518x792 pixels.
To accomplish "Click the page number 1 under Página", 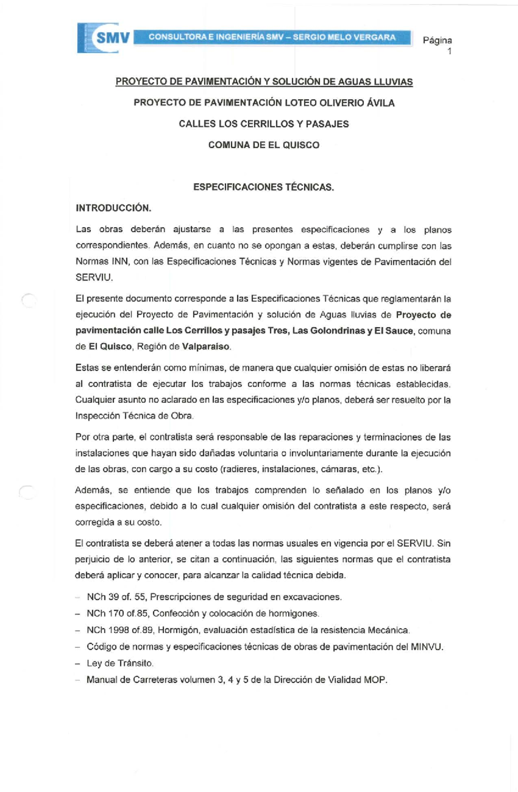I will [x=449, y=51].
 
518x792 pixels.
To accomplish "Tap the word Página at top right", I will [x=437, y=41].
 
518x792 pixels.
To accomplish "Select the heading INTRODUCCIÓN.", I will [x=114, y=208].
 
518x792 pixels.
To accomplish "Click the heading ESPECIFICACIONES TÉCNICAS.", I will [x=263, y=187].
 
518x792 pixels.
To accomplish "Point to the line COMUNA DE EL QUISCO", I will [x=263, y=145].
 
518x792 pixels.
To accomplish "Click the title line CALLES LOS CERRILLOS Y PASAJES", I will [x=263, y=124].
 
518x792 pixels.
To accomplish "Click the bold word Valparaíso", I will [x=206, y=347].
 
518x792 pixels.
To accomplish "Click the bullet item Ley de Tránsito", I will [x=120, y=663].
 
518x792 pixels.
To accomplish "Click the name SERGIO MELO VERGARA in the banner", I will [x=344, y=37].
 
